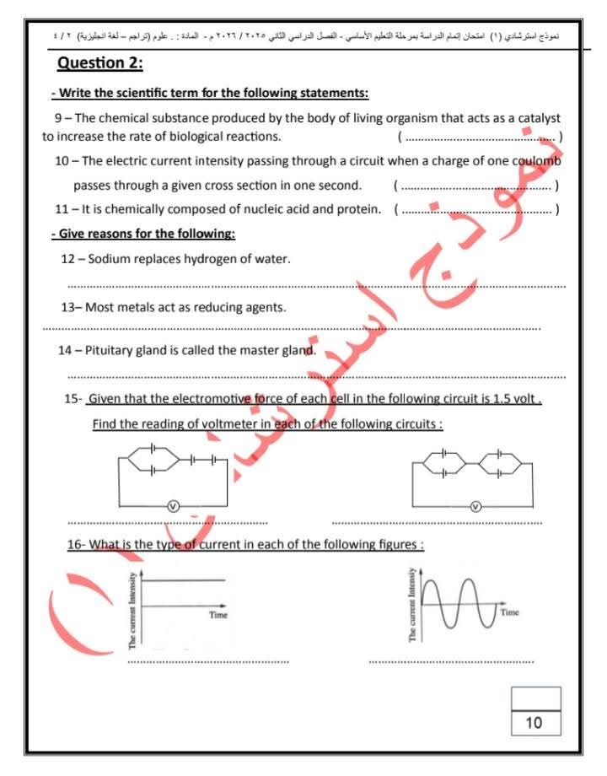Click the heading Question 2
coord(99,64)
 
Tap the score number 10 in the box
coord(534,722)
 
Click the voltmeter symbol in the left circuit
coord(172,505)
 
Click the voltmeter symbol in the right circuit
coord(475,506)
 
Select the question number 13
coord(69,308)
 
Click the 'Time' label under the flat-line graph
coord(218,615)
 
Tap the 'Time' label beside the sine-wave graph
coord(510,612)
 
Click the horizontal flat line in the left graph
coord(185,580)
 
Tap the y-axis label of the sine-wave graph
coord(412,605)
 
